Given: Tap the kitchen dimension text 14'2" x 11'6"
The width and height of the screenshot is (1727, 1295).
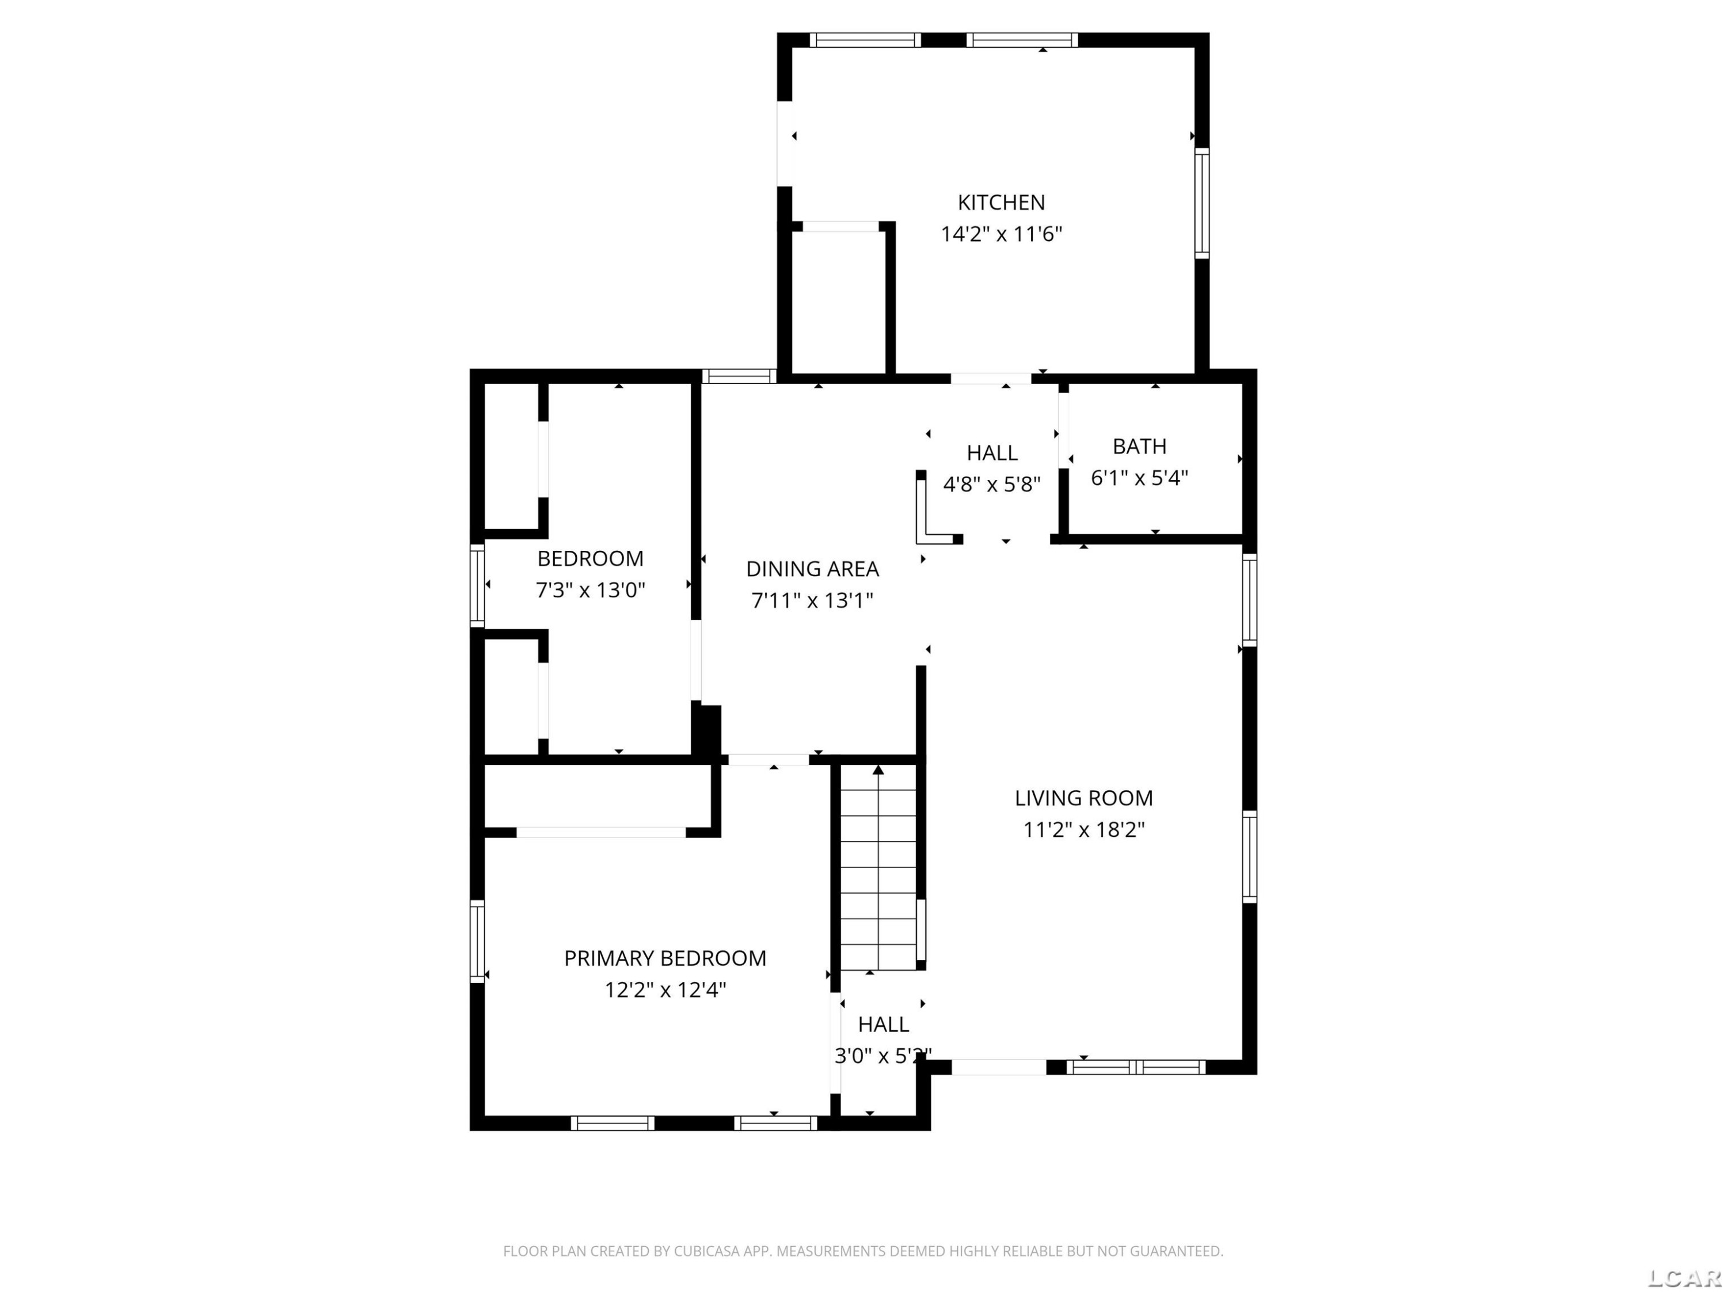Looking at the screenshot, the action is [x=1001, y=234].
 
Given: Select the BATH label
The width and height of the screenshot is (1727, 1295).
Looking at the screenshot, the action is [x=1139, y=447].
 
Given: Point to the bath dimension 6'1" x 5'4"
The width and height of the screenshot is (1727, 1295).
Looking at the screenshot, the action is [x=1139, y=478].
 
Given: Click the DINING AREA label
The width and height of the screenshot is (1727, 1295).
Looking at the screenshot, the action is [x=812, y=569].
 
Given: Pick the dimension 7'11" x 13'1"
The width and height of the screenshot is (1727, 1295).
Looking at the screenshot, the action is [x=812, y=600].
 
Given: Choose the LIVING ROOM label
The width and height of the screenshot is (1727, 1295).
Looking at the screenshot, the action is [x=1083, y=798].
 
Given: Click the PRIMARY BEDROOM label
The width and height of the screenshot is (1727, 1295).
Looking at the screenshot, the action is [x=665, y=958].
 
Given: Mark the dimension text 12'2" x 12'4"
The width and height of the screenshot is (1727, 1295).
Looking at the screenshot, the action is [x=665, y=990].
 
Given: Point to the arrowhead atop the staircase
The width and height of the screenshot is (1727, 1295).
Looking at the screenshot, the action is [x=878, y=770].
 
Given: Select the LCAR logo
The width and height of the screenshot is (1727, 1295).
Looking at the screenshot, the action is [x=1683, y=1277].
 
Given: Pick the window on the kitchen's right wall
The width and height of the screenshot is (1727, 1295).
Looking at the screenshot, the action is [x=1203, y=203].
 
